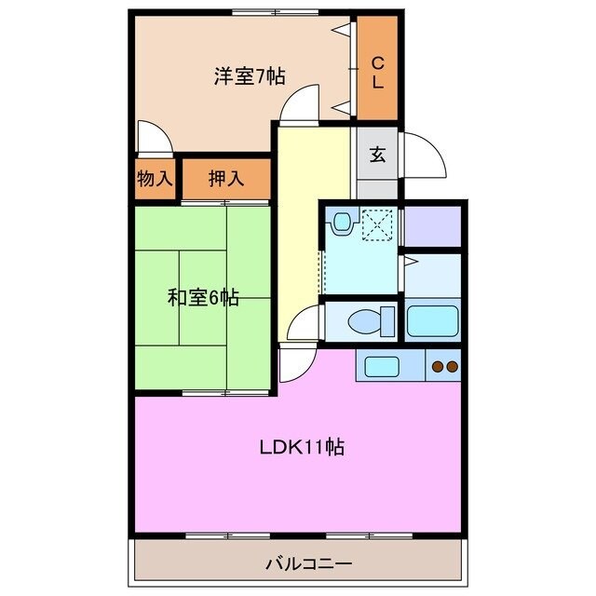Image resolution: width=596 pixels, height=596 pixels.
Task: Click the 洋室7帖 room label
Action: tap(249, 76)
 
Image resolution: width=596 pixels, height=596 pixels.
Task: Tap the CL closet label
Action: tap(378, 72)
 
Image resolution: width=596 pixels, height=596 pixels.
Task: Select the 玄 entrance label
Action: tap(377, 154)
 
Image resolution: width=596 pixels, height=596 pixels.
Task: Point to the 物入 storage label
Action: tap(156, 179)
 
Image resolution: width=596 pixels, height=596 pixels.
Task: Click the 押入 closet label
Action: tap(226, 179)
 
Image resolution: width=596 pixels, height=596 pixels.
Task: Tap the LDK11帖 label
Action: tap(302, 447)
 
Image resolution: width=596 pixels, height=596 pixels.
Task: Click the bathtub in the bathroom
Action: tap(432, 320)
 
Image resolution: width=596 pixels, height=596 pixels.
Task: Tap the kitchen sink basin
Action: tap(382, 366)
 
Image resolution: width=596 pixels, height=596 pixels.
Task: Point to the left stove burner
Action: tap(436, 367)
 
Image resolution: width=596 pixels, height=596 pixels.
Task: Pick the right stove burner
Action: tap(452, 367)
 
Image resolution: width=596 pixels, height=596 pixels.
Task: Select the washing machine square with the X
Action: tap(379, 223)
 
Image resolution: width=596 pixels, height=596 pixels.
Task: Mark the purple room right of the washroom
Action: tap(433, 224)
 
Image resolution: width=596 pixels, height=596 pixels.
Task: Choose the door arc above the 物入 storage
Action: tap(154, 140)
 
